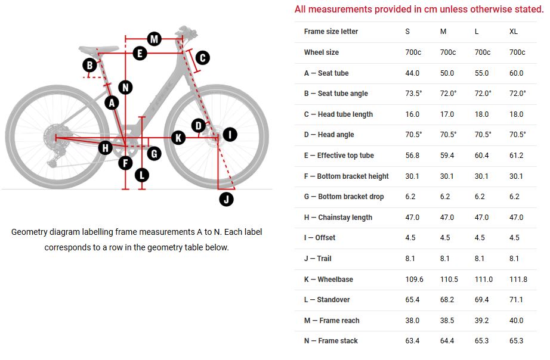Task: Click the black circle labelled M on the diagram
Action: click(155, 39)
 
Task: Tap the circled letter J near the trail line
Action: click(226, 199)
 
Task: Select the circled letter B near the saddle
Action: click(90, 65)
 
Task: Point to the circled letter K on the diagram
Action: click(178, 138)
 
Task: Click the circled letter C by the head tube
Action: click(202, 57)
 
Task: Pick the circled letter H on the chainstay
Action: click(106, 147)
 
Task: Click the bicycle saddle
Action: click(96, 49)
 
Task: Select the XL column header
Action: click(514, 32)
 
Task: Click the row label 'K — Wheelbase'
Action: click(329, 279)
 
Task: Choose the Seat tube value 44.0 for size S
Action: click(412, 73)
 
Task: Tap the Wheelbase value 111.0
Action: click(483, 279)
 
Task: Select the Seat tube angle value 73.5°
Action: click(413, 94)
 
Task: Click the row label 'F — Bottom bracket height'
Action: click(346, 176)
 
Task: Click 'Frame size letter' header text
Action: click(331, 32)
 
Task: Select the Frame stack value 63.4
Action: click(412, 341)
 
